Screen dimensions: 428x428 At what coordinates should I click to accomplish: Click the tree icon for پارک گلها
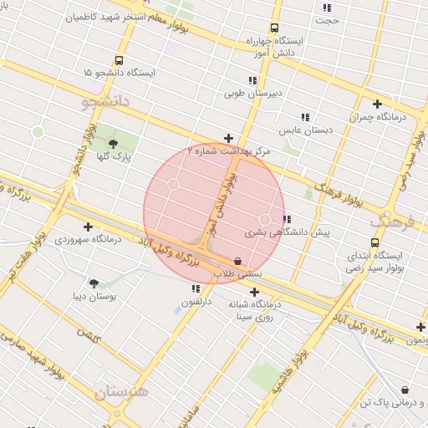tap(113, 144)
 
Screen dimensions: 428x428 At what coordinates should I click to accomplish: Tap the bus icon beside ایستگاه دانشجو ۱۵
tap(119, 60)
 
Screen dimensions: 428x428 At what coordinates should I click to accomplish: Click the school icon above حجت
tap(326, 8)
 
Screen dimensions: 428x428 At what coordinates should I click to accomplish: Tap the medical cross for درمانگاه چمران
tap(377, 104)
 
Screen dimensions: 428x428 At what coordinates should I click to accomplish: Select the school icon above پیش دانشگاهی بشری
tap(288, 219)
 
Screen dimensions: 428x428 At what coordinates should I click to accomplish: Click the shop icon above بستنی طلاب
tap(238, 261)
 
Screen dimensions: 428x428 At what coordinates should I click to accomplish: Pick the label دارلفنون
tap(196, 299)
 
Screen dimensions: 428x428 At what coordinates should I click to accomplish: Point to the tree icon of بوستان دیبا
tap(93, 284)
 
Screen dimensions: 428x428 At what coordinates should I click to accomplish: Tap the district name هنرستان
tap(120, 391)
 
